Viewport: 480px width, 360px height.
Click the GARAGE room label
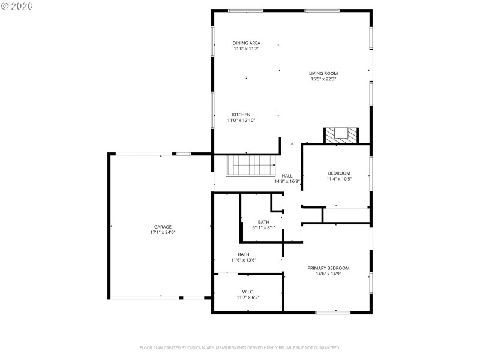click(x=162, y=227)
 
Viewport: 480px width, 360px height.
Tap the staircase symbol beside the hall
click(x=250, y=165)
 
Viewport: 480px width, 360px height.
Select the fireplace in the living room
click(x=341, y=136)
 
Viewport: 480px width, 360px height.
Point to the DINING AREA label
click(x=246, y=43)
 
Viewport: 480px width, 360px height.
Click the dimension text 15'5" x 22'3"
click(x=323, y=79)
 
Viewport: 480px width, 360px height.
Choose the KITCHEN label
click(x=241, y=115)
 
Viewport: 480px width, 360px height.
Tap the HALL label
click(x=287, y=176)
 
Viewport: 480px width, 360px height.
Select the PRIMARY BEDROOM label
click(x=328, y=268)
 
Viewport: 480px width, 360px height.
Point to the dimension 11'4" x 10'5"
click(x=338, y=179)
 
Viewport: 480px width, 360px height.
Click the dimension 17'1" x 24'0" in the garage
click(x=162, y=232)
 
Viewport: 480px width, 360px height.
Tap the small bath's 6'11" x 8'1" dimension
click(x=263, y=227)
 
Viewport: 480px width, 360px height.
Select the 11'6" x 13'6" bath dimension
click(x=244, y=260)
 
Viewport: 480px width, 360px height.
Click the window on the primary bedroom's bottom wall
click(x=332, y=312)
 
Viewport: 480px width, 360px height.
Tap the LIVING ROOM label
click(x=323, y=74)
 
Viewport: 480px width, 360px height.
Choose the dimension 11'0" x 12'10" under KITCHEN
click(x=241, y=120)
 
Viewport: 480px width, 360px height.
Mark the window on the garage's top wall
click(x=184, y=154)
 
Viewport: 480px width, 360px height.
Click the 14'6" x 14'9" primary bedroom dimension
click(x=328, y=274)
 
